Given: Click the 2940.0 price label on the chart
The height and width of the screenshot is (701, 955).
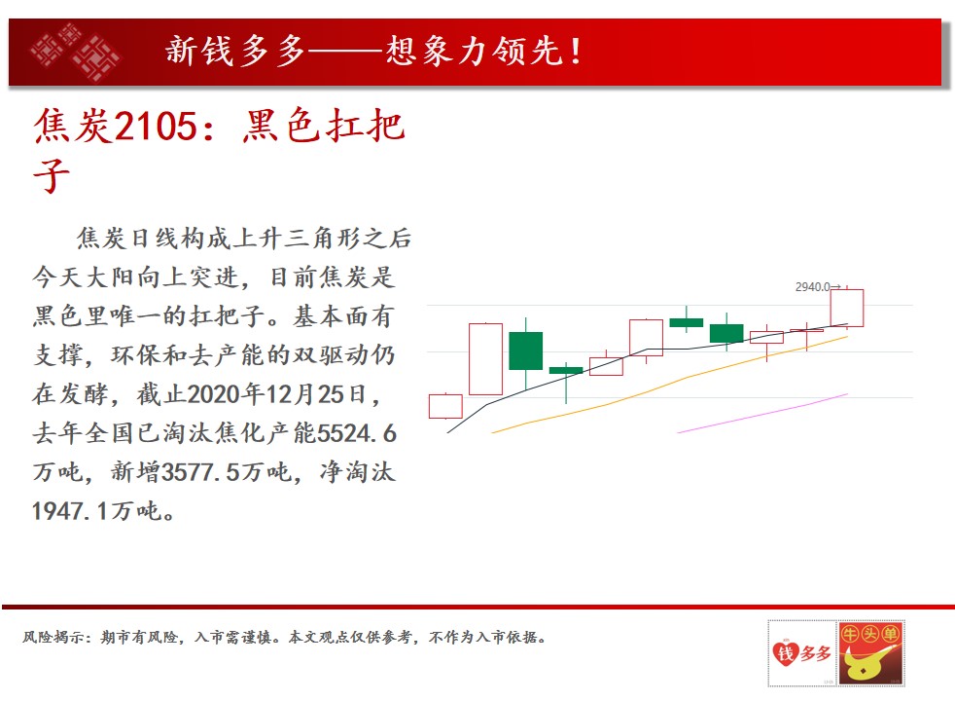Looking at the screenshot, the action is pos(813,286).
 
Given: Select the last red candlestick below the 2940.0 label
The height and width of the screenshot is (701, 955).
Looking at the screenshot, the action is pos(847,308).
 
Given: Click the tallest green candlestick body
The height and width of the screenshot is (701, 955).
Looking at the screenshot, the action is pos(525,350).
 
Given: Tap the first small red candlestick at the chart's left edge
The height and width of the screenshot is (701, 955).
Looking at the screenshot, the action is pos(445,406).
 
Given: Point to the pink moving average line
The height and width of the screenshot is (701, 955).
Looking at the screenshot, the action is pos(762,414).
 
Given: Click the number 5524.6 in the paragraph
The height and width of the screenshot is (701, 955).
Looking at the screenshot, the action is pos(357,433).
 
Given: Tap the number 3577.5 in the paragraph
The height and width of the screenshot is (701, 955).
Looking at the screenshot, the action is pos(200,472).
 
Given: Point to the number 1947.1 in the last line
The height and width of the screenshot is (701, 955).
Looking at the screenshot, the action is pos(71,511).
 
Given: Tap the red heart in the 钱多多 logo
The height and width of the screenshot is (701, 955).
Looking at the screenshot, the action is pos(785,653).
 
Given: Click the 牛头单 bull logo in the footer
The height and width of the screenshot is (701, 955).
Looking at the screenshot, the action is pos(870,653).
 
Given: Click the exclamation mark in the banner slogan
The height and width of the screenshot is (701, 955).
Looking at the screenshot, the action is pos(575,51).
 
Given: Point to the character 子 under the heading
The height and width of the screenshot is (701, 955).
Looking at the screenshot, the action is pos(52,175).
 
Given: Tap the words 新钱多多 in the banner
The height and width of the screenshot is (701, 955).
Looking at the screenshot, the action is pos(235,51).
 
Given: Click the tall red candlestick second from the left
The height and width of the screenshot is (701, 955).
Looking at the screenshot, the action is pos(485,359).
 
